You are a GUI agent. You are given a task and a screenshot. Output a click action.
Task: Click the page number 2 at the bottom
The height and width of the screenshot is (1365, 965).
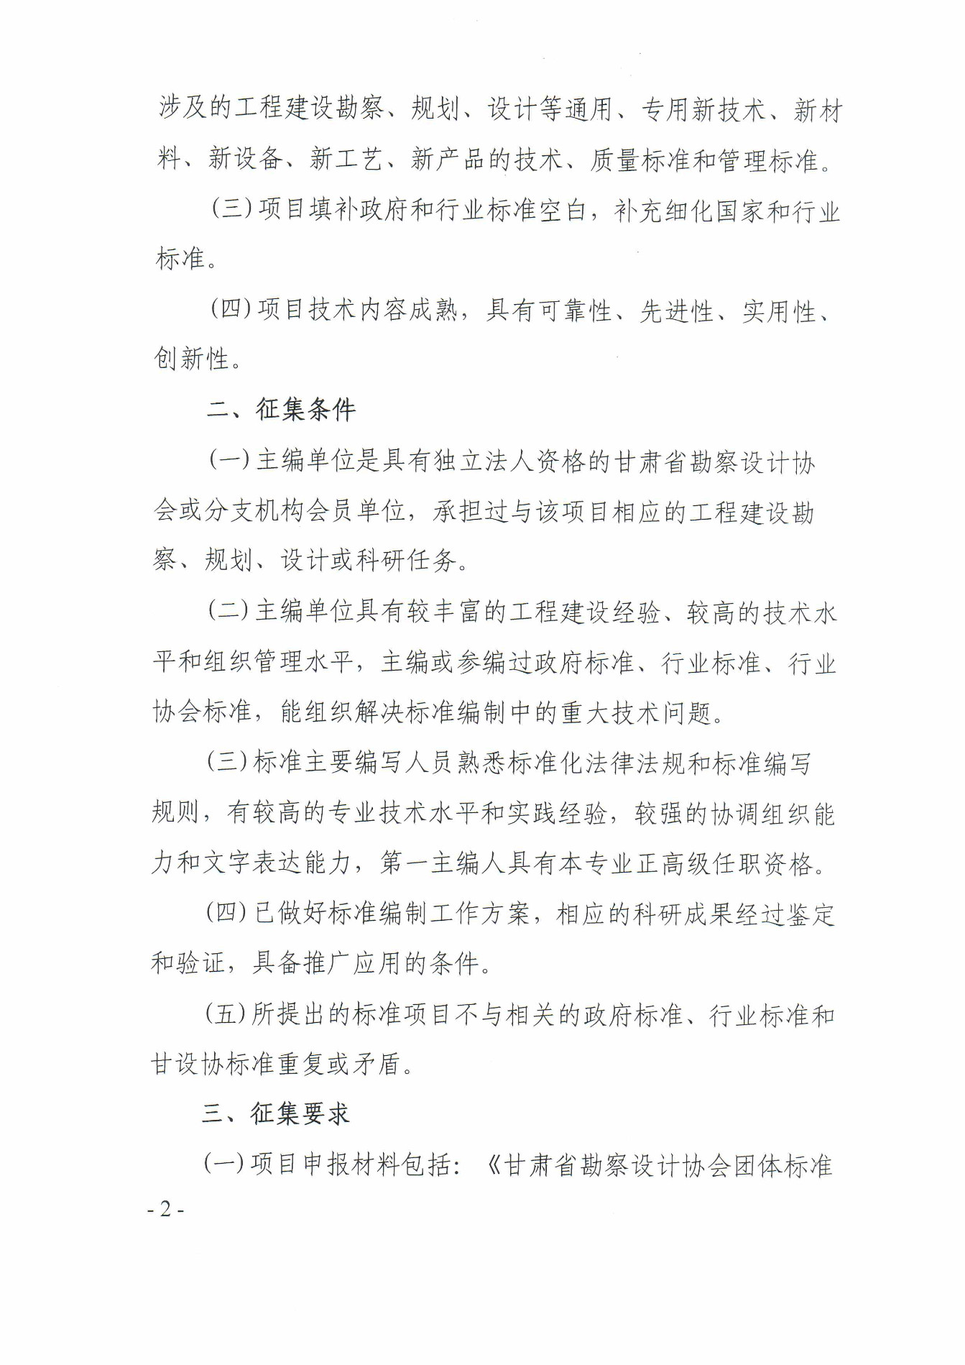[x=166, y=1210]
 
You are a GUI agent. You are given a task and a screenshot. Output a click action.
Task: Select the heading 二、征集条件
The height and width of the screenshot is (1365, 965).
[x=281, y=410]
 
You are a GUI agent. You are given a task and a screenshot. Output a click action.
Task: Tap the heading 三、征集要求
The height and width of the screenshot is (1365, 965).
[x=276, y=1113]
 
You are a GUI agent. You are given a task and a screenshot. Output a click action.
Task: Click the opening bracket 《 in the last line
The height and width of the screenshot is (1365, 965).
[x=493, y=1165]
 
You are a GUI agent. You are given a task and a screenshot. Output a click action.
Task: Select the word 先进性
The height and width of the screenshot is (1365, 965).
[x=676, y=311]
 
